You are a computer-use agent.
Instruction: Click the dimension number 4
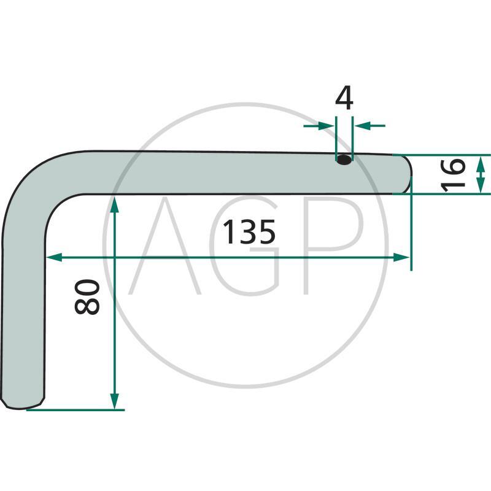tap(344, 98)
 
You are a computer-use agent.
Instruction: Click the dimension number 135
tap(249, 232)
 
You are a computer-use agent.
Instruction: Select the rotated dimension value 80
tap(87, 297)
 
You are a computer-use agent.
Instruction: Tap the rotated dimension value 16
tap(453, 175)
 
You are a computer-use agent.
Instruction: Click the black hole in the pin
tap(344, 160)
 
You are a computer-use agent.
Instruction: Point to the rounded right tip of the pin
tap(407, 174)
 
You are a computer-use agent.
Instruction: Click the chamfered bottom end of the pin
tap(23, 403)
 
